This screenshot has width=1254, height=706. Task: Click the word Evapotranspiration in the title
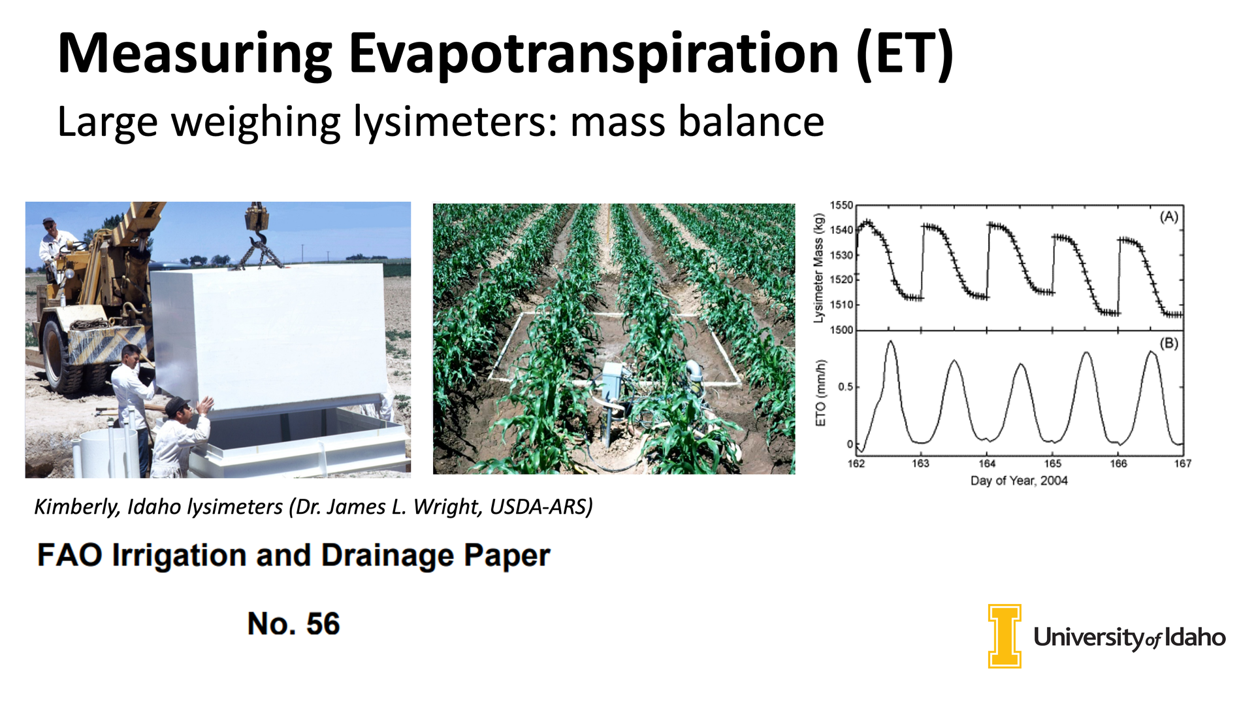pos(594,55)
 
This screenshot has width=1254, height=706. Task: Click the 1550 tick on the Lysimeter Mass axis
pos(841,205)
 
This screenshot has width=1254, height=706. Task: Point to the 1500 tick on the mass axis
pos(841,330)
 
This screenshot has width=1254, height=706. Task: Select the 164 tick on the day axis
pos(986,463)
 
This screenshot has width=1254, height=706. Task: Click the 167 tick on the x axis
pos(1182,463)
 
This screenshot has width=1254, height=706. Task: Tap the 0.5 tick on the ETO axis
pos(845,387)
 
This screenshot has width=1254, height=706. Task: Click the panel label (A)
pos(1168,217)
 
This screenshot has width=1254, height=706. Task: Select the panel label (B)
pos(1168,343)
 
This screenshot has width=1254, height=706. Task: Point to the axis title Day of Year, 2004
pos(1019,481)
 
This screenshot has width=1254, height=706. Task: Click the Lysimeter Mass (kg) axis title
pos(818,268)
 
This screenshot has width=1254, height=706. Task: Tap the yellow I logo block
pos(1005,636)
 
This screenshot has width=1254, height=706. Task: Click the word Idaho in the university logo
pos(1195,637)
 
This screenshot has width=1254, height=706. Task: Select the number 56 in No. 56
pos(323,624)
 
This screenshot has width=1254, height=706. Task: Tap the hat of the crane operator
pos(49,222)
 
